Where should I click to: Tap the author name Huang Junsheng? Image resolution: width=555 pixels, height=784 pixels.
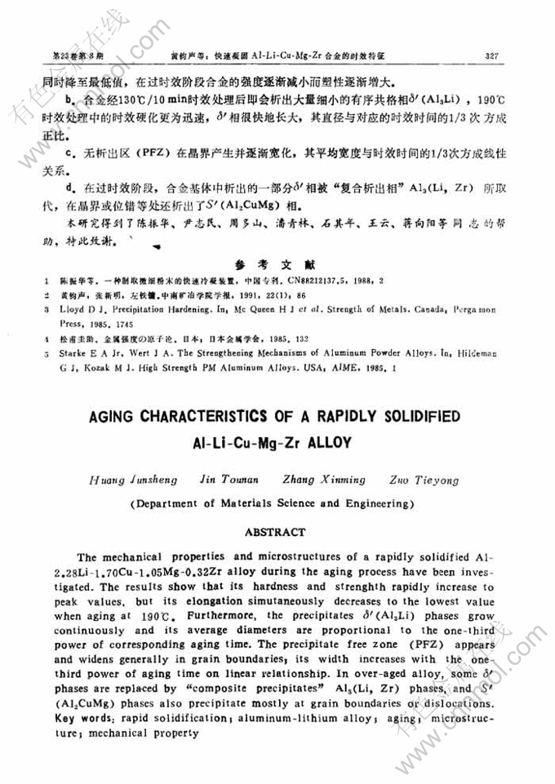tap(126, 480)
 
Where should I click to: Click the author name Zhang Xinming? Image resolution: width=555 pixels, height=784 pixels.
tap(315, 480)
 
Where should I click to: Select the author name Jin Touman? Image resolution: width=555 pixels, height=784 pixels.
tap(220, 480)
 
